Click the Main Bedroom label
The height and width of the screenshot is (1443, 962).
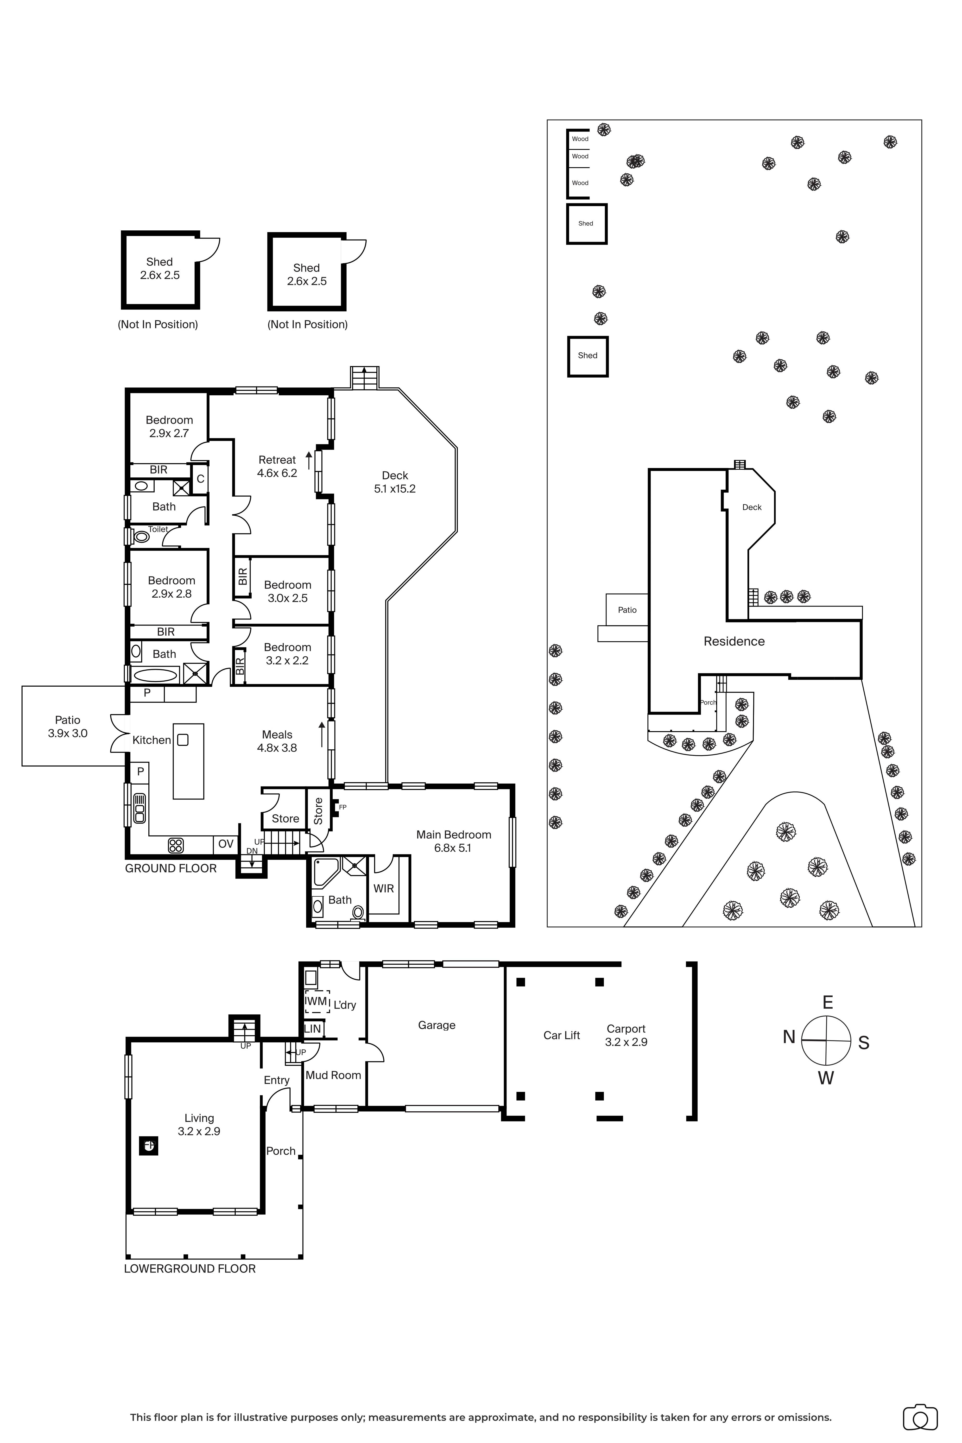(x=453, y=834)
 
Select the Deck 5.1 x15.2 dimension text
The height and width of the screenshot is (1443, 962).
(x=394, y=489)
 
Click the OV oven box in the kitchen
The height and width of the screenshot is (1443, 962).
(x=226, y=844)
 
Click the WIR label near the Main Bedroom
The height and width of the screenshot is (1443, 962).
(x=383, y=888)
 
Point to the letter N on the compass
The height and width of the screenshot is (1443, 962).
(x=789, y=1037)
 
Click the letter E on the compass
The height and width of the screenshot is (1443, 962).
(x=827, y=1002)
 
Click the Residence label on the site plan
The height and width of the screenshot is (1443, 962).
(x=734, y=641)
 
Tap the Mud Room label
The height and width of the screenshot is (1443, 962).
(x=333, y=1075)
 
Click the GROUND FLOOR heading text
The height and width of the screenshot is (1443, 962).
(x=171, y=868)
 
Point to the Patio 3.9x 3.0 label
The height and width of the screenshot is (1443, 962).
(x=68, y=726)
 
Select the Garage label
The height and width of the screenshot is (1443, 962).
(x=436, y=1025)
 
